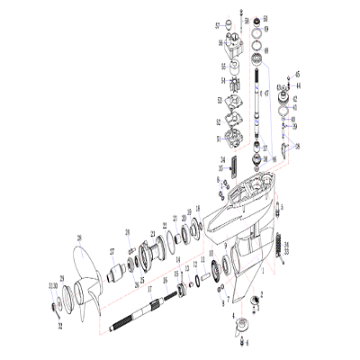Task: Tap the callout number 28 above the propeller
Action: (78, 238)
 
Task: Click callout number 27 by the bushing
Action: (112, 251)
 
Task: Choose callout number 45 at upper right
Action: (298, 74)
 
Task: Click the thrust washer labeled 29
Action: (61, 277)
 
